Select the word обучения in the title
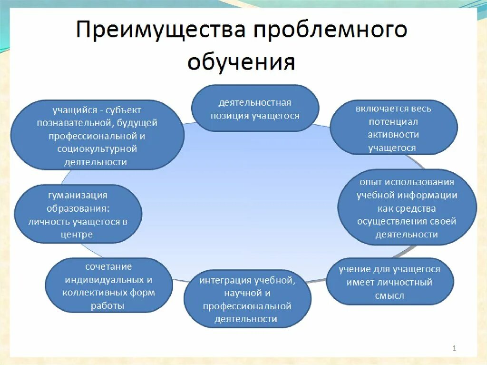pyautogui.click(x=241, y=62)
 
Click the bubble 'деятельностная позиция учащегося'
pyautogui.click(x=255, y=109)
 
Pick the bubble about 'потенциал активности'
pyautogui.click(x=393, y=128)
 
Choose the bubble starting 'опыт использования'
pyautogui.click(x=407, y=208)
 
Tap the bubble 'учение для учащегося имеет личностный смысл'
pyautogui.click(x=390, y=282)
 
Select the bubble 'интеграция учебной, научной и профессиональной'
pyautogui.click(x=247, y=299)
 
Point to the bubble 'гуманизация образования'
pyautogui.click(x=78, y=215)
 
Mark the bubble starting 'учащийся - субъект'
pyautogui.click(x=97, y=136)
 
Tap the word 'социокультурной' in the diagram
pyautogui.click(x=97, y=149)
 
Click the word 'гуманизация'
pyautogui.click(x=78, y=195)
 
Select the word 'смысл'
pyautogui.click(x=389, y=296)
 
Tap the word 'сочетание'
pyautogui.click(x=108, y=266)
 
